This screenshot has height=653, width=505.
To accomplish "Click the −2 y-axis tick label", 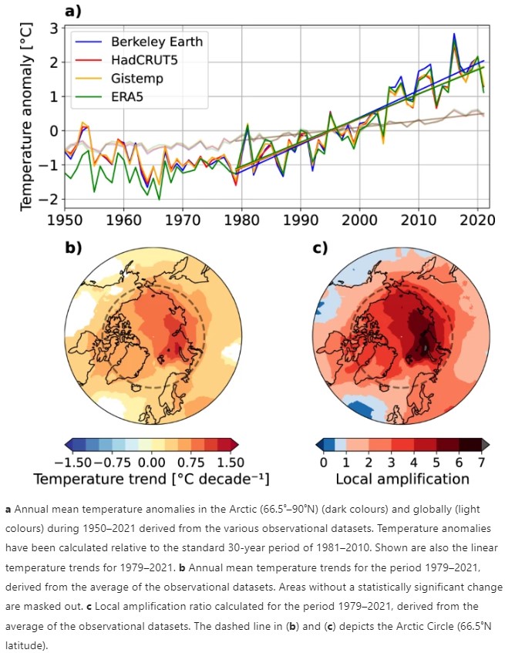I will (x=49, y=200).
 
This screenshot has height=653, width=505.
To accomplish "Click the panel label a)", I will (x=72, y=11).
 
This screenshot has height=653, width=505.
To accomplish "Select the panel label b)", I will (x=72, y=248).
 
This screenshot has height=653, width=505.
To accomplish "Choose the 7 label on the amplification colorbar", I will (x=481, y=462).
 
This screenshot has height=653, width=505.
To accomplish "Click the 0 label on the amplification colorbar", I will (x=324, y=462).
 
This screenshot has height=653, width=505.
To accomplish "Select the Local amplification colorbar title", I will (x=402, y=479).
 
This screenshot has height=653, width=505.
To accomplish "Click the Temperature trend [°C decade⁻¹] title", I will (x=150, y=479).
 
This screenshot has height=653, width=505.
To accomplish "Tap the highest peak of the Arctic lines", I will (x=454, y=35).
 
